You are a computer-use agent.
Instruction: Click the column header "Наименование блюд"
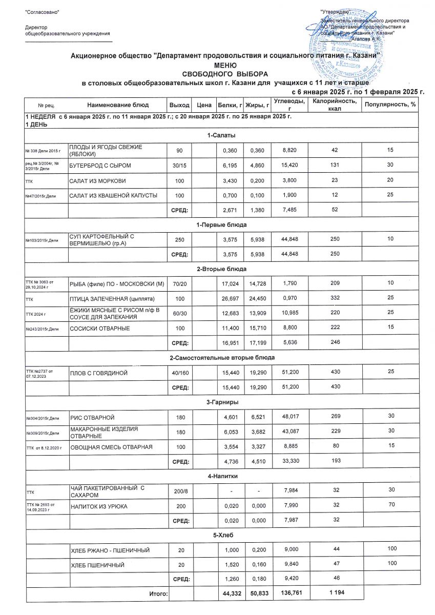click(118, 105)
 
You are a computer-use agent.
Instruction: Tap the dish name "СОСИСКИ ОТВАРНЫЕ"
click(99, 328)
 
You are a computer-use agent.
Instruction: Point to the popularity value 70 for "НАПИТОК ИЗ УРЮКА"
click(391, 506)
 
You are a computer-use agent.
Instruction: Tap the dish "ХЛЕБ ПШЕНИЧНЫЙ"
click(98, 565)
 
